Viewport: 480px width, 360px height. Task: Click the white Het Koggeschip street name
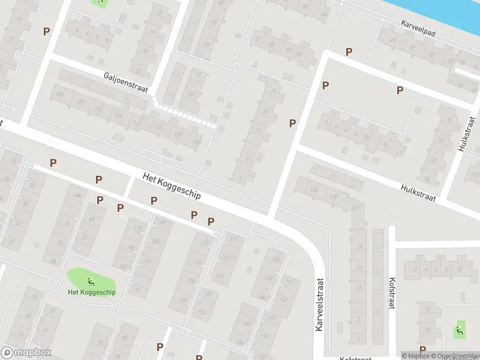[x=172, y=186]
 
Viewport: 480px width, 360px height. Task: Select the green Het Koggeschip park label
[x=92, y=292]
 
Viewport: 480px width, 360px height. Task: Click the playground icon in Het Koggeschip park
[x=91, y=280]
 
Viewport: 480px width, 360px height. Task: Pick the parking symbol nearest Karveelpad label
[x=349, y=52]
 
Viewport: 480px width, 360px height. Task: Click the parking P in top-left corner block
[x=46, y=31]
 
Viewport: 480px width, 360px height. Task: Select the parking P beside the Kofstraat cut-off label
[x=422, y=350]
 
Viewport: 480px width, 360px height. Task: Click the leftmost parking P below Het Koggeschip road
[x=53, y=163]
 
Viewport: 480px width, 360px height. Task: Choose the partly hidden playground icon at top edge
[x=100, y=2]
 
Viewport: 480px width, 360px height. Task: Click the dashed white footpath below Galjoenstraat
[x=186, y=116]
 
